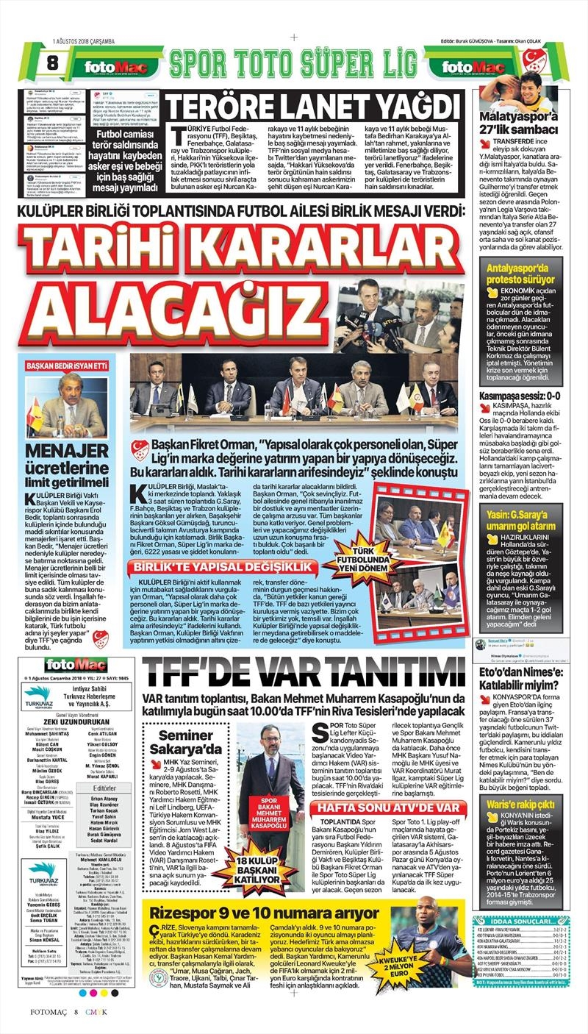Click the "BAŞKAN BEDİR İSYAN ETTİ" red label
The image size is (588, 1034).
pos(66,365)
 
